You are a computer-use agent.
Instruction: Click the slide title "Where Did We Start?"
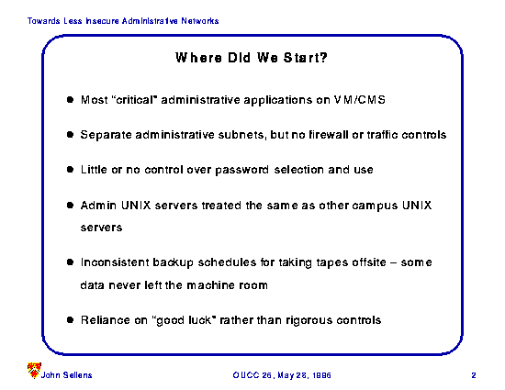pyautogui.click(x=252, y=58)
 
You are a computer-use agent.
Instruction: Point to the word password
pyautogui.click(x=241, y=170)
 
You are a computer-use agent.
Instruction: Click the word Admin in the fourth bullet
pyautogui.click(x=98, y=206)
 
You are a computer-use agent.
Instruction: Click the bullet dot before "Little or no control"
pyautogui.click(x=70, y=170)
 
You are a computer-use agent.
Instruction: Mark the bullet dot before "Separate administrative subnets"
pyautogui.click(x=70, y=135)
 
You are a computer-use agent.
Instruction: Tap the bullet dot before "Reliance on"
pyautogui.click(x=70, y=320)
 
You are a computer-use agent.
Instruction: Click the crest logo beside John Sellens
pyautogui.click(x=34, y=370)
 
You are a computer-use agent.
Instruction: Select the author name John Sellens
pyautogui.click(x=66, y=375)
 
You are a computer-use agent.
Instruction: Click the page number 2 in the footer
pyautogui.click(x=474, y=375)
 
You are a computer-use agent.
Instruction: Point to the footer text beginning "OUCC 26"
pyautogui.click(x=282, y=375)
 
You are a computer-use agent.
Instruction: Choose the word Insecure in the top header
pyautogui.click(x=103, y=21)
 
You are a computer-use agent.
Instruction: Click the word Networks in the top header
pyautogui.click(x=200, y=21)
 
